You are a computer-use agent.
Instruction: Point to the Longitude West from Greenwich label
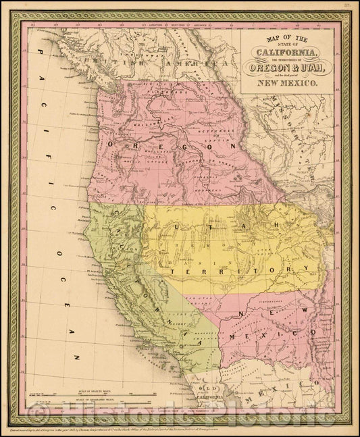coord(182,26)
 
